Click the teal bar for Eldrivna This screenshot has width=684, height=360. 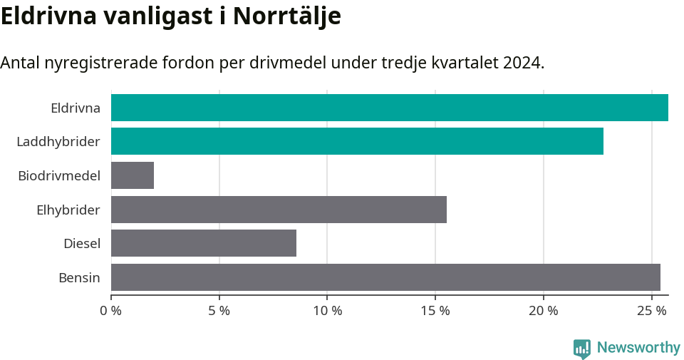389,108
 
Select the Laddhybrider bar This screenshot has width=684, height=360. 357,141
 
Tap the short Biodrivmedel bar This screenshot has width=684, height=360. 133,175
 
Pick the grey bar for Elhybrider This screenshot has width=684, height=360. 279,210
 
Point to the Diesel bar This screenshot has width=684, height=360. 204,243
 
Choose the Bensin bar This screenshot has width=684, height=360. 385,277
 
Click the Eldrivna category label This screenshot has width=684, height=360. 76,108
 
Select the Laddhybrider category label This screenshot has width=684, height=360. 58,142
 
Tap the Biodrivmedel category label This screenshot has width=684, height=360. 59,175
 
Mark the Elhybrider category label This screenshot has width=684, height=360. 68,210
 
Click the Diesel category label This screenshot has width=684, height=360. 82,244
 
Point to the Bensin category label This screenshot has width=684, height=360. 79,278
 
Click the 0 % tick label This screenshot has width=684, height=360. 111,311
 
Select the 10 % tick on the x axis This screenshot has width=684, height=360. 327,311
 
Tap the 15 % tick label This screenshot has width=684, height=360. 435,311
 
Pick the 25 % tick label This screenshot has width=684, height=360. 651,311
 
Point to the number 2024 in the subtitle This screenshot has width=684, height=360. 522,63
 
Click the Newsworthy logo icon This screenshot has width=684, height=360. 582,348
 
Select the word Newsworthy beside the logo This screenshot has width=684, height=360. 638,348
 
